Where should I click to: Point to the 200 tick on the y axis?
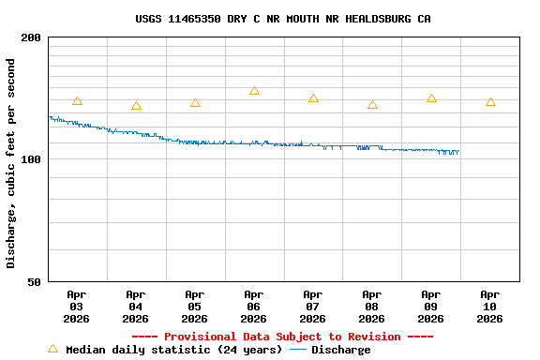click(x=31, y=37)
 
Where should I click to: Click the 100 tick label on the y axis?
click(x=31, y=159)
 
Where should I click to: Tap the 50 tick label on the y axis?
click(x=35, y=282)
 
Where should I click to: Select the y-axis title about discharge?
click(x=11, y=163)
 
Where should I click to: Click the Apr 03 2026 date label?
click(x=77, y=307)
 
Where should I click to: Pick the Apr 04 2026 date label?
click(x=136, y=307)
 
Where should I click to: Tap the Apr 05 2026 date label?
click(x=195, y=307)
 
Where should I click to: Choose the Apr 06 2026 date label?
click(x=254, y=307)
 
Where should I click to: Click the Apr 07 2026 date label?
click(x=313, y=307)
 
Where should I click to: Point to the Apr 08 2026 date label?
click(x=372, y=307)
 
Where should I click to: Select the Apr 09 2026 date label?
click(x=431, y=307)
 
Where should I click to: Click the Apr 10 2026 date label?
click(x=490, y=307)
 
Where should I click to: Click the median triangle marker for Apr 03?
click(x=77, y=101)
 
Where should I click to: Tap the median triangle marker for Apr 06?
click(x=254, y=91)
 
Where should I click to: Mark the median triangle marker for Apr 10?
click(x=490, y=102)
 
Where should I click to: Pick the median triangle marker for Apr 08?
click(x=372, y=105)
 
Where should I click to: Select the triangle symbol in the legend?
click(x=52, y=349)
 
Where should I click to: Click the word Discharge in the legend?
click(x=340, y=350)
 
